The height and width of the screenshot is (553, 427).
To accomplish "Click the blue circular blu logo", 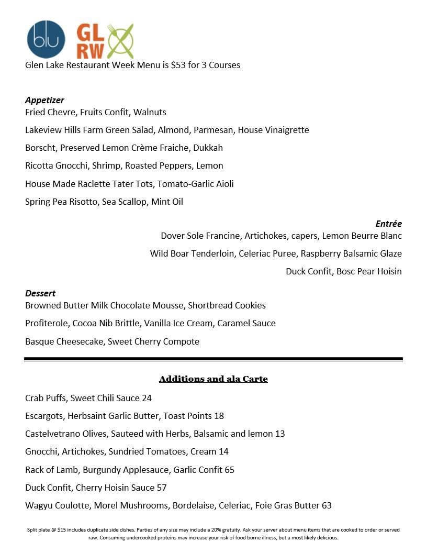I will point(46,39).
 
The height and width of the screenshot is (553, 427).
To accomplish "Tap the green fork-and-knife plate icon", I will point(121,41).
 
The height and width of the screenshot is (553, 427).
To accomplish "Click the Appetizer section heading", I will point(44,100).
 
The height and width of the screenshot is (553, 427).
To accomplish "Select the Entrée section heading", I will point(388,224).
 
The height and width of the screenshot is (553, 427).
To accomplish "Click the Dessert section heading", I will point(40,293).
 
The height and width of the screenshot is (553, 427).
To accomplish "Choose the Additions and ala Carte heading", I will point(213,379).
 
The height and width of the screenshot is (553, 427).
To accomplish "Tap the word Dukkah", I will point(208,148).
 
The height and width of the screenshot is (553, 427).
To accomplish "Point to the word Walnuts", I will point(150,112).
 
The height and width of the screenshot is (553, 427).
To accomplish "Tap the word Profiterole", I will point(46,323).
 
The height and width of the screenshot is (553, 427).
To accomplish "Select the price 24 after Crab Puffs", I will point(147,398).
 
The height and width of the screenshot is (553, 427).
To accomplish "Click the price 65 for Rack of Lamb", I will point(229,470).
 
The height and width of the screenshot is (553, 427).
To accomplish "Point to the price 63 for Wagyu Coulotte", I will point(327,505).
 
